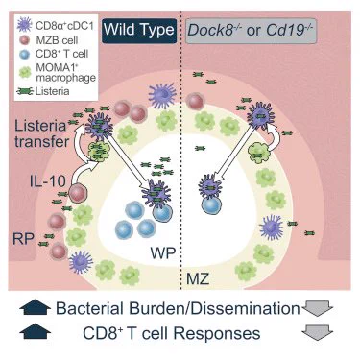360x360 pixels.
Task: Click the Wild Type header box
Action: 139,31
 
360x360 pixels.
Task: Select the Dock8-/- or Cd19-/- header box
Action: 252,31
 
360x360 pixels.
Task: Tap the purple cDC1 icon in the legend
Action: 24,25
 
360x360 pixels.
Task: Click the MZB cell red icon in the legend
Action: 24,40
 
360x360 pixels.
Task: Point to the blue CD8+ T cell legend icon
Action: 25,55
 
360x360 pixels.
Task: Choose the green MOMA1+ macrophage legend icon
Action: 25,72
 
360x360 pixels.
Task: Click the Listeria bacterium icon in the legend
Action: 25,91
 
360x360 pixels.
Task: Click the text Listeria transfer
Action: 41,133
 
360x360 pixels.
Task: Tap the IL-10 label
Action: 48,181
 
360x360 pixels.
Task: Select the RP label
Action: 23,239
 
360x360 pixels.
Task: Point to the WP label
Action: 163,253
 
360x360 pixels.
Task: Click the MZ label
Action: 198,279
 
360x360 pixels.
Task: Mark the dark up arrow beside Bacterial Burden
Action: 36,308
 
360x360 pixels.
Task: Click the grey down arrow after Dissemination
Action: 318,308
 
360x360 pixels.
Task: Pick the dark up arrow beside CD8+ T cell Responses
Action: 36,331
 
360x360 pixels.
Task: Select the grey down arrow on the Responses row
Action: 318,332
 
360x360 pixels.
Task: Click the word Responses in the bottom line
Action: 217,334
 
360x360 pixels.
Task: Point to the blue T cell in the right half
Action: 211,204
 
